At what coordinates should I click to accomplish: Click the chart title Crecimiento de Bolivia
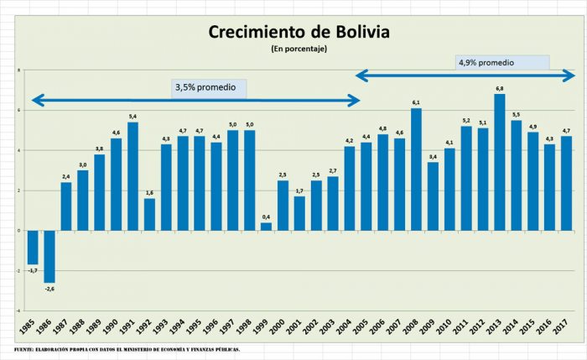299,33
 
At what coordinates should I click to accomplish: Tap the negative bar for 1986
49,256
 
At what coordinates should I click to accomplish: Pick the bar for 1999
266,226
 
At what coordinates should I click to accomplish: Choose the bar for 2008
416,169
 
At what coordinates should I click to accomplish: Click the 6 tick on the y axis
18,110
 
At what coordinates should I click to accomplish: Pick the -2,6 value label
49,289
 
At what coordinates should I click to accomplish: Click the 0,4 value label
266,217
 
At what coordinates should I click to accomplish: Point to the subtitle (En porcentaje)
299,49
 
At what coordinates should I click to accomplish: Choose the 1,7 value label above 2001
299,191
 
